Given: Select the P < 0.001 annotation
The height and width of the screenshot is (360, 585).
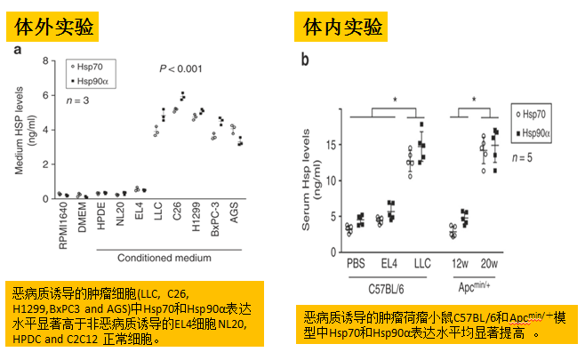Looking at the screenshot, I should (180, 69).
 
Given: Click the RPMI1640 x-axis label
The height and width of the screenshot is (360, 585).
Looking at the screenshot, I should (62, 220).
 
